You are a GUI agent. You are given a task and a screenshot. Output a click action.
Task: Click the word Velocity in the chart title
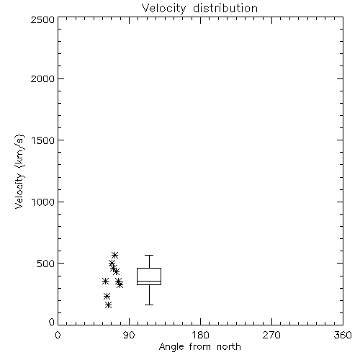pyautogui.click(x=164, y=9)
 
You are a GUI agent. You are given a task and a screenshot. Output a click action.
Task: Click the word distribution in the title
pyautogui.click(x=225, y=8)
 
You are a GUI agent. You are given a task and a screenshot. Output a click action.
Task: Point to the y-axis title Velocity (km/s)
pyautogui.click(x=19, y=171)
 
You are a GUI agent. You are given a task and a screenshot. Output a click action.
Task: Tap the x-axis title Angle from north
pyautogui.click(x=200, y=347)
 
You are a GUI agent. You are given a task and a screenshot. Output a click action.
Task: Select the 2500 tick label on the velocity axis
pyautogui.click(x=42, y=19)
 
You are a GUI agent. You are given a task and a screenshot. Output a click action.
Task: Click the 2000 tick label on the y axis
pyautogui.click(x=42, y=78)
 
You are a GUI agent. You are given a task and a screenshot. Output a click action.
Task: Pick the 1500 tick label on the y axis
pyautogui.click(x=43, y=140)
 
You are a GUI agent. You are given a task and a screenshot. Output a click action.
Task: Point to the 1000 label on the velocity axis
pyautogui.click(x=43, y=202)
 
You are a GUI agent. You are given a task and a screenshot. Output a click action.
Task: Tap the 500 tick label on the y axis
pyautogui.click(x=46, y=264)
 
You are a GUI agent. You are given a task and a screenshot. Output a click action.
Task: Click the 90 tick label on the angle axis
pyautogui.click(x=129, y=335)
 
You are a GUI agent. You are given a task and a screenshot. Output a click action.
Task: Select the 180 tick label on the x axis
pyautogui.click(x=200, y=335)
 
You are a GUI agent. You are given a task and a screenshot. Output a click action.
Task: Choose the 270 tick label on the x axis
pyautogui.click(x=271, y=335)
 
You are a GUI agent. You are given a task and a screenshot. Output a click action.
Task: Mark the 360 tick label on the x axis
pyautogui.click(x=343, y=335)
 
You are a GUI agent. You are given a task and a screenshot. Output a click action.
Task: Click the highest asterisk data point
pyautogui.click(x=114, y=255)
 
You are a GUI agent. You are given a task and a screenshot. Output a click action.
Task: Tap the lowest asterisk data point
pyautogui.click(x=109, y=305)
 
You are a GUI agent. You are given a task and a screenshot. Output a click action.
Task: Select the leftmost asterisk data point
pyautogui.click(x=105, y=282)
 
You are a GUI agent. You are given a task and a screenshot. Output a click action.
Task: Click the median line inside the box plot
pyautogui.click(x=149, y=281)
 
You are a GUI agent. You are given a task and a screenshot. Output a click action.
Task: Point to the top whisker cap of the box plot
pyautogui.click(x=149, y=255)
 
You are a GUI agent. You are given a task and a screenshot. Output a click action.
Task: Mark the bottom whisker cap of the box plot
pyautogui.click(x=149, y=305)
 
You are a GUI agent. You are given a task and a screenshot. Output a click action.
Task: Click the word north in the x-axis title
pyautogui.click(x=229, y=347)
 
